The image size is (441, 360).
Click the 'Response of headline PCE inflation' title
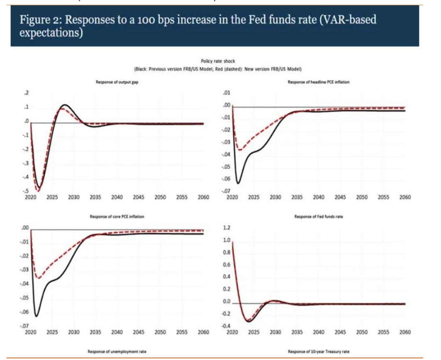pos(318,82)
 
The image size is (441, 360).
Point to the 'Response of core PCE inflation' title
pos(117,217)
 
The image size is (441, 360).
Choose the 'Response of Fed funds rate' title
pos(318,217)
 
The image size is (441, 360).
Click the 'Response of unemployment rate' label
pos(117,352)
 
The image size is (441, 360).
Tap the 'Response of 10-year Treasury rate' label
pos(318,352)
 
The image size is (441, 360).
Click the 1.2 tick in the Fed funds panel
pos(227,228)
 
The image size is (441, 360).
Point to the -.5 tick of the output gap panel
pos(26,191)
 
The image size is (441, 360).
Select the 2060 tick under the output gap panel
pos(203,198)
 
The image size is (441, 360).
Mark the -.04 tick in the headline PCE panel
pos(226,154)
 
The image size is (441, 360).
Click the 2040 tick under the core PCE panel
pos(117,332)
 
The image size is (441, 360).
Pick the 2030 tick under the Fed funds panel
pos(275,332)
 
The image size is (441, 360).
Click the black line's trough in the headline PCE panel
pos(238,183)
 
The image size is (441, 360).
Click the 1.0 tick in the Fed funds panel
pos(227,240)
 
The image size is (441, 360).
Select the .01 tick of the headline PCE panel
pos(227,93)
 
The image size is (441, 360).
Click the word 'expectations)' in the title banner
pos(49,33)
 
